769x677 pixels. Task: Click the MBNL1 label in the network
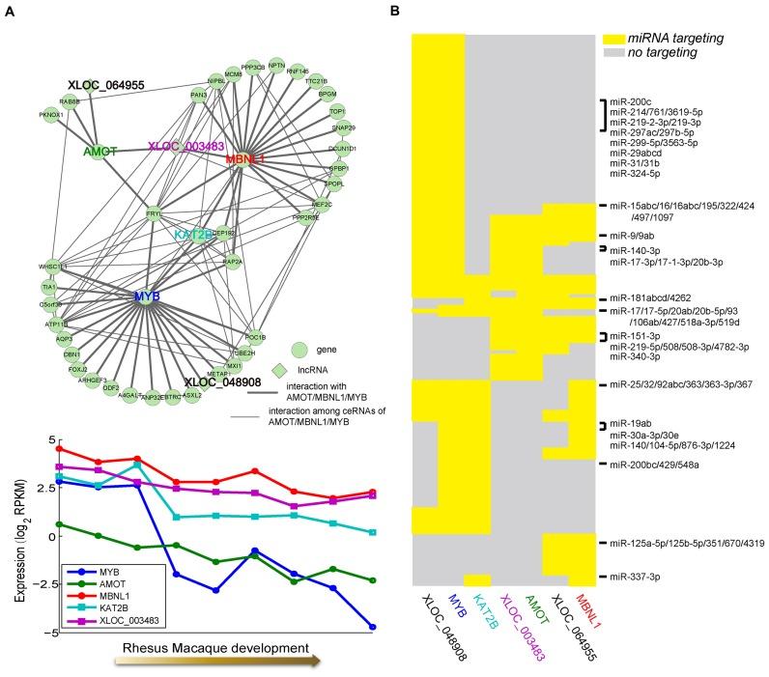pyautogui.click(x=245, y=157)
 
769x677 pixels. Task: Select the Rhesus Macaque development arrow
pyautogui.click(x=216, y=662)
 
